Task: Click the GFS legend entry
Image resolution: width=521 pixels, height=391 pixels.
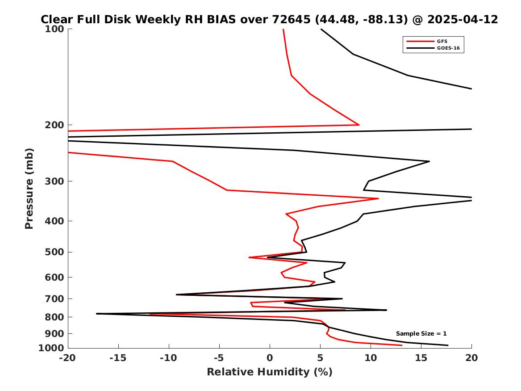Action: click(x=442, y=41)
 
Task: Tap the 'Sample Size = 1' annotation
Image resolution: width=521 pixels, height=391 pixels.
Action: click(x=421, y=334)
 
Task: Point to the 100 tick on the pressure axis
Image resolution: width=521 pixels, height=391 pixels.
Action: click(x=54, y=29)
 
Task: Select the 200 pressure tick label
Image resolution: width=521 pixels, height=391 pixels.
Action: click(x=54, y=125)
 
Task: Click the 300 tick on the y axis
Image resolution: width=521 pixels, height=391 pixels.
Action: click(x=54, y=181)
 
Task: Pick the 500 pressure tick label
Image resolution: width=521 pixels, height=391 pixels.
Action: click(x=54, y=252)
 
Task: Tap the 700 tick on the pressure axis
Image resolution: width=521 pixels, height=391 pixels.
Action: click(x=54, y=299)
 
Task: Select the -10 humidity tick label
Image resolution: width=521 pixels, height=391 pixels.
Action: click(x=169, y=358)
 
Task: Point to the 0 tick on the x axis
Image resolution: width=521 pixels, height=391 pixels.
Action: click(x=270, y=358)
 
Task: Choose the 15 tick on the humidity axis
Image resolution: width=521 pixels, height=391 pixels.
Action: click(x=421, y=358)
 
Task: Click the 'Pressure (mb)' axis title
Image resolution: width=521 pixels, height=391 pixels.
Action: click(x=29, y=188)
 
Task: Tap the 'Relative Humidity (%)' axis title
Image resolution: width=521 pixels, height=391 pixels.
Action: click(x=270, y=372)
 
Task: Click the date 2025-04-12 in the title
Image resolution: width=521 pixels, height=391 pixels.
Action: click(x=463, y=20)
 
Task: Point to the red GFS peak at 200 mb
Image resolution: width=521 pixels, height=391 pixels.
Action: click(x=359, y=125)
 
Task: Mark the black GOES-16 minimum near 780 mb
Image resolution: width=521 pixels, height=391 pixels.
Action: click(x=97, y=314)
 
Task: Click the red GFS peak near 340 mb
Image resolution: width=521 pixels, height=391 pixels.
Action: click(x=378, y=198)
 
